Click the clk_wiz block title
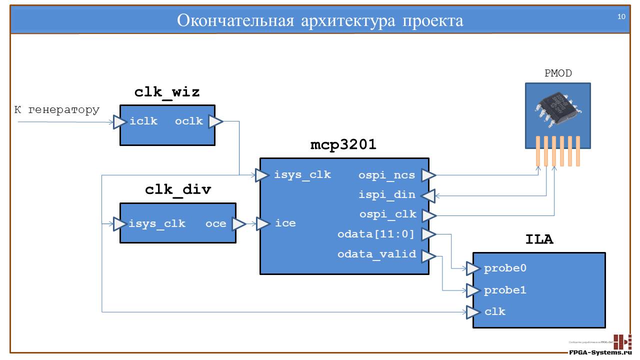point(167,92)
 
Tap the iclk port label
point(143,121)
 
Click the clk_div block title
point(178,190)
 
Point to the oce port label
point(215,223)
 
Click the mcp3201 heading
point(343,145)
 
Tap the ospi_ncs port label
point(386,175)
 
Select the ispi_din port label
point(387,194)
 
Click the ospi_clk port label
point(387,214)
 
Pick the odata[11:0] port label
point(376,234)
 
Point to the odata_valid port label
point(376,254)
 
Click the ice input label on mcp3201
point(285,223)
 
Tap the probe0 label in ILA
point(505,268)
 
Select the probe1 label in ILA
point(505,290)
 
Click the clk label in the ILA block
point(495,311)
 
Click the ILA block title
point(539,240)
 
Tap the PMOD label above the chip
point(558,73)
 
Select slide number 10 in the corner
point(621,16)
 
